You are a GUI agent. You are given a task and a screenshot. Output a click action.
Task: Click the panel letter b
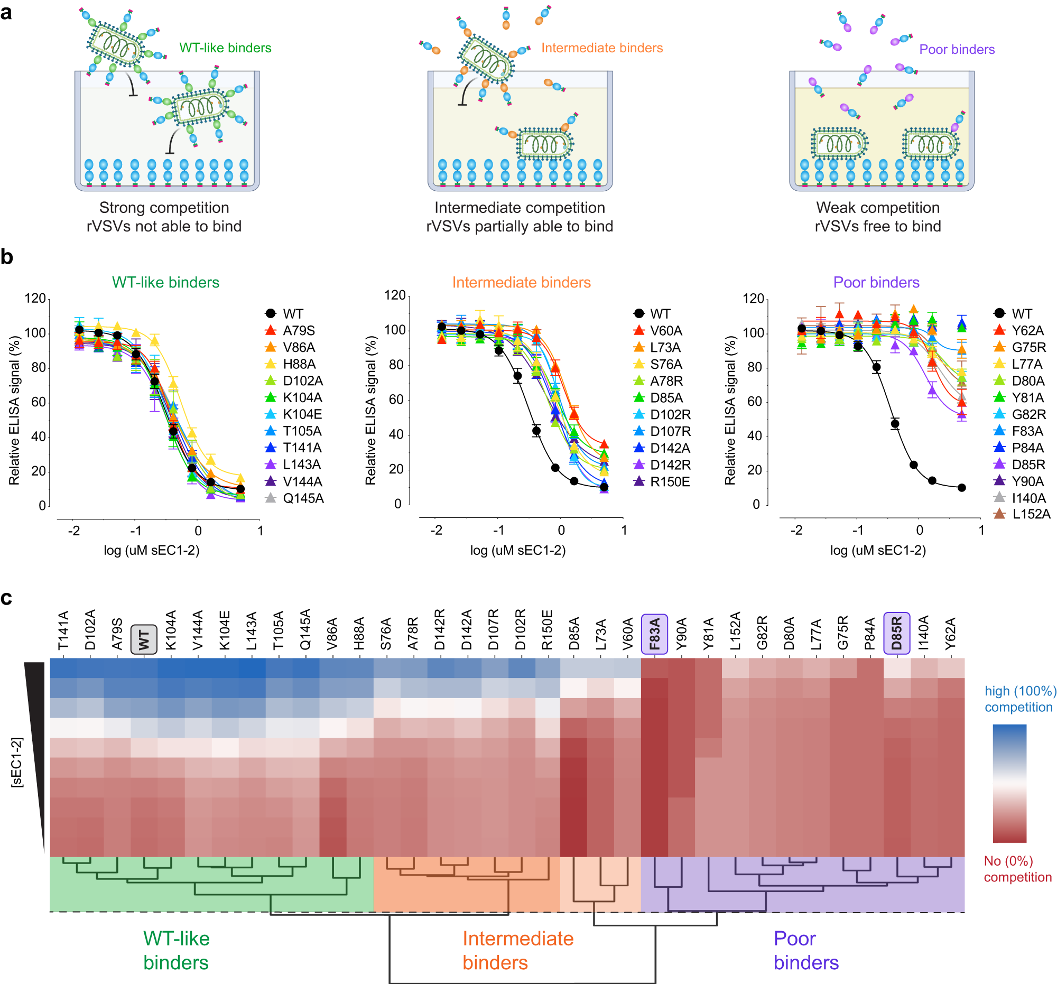click(7, 257)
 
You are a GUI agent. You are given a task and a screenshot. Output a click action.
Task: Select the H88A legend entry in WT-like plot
click(299, 364)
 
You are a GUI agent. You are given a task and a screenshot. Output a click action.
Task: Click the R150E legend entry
click(670, 481)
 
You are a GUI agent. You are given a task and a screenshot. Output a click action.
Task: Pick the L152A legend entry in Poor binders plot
click(1031, 514)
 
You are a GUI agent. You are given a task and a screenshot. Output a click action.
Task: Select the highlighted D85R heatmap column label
click(896, 633)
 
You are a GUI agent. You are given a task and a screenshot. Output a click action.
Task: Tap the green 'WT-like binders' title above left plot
click(165, 282)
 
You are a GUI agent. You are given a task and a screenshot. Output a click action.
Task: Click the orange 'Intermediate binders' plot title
click(521, 282)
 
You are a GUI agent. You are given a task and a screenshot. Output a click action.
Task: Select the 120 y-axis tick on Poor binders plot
click(753, 299)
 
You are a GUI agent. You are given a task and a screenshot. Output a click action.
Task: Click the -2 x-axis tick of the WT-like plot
click(74, 531)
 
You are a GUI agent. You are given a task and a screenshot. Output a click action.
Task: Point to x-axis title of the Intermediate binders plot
click(517, 550)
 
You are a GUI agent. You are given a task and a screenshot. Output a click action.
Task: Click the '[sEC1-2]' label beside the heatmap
click(17, 762)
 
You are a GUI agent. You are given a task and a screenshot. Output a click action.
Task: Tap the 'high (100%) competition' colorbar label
click(1018, 699)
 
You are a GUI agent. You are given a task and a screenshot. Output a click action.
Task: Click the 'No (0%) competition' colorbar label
click(1017, 869)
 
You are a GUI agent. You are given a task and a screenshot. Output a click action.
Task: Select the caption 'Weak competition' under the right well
click(877, 207)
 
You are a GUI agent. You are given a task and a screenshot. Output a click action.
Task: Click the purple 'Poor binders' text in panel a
click(957, 50)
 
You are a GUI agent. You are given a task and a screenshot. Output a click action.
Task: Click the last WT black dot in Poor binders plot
click(961, 487)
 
